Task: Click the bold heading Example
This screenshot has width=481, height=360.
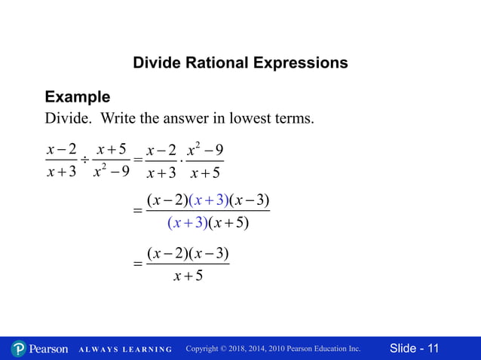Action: pos(78,97)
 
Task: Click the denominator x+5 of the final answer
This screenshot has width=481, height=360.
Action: pos(188,276)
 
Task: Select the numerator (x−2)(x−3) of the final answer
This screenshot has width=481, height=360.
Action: pos(188,253)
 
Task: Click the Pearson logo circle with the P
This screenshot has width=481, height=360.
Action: pos(19,349)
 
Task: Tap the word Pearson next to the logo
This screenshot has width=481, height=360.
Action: pos(48,349)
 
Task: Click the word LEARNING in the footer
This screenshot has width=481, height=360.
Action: pos(146,349)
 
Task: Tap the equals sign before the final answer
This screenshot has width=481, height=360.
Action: pos(137,265)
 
